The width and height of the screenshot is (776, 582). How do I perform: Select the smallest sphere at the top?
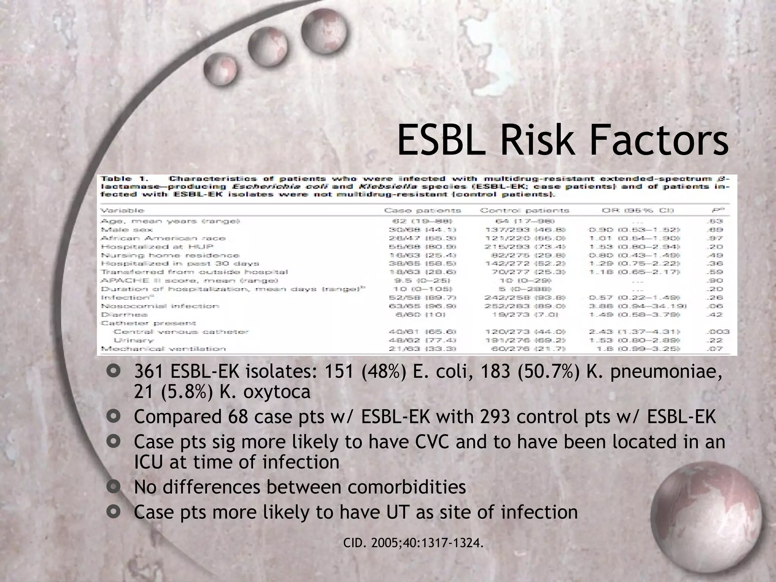coord(220,70)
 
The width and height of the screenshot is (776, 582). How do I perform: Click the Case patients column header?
coord(422,210)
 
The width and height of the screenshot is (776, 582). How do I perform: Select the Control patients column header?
coord(524,210)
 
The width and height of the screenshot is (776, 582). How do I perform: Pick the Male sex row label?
coord(127,230)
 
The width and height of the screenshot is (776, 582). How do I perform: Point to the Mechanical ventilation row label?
coord(163,349)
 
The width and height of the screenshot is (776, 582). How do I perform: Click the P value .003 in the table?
coord(719,332)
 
